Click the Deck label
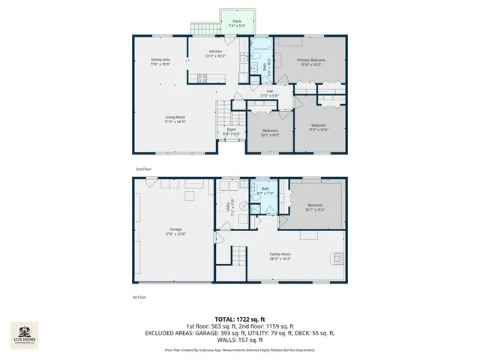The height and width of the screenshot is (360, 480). [236, 23]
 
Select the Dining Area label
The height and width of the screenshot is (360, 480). [160, 61]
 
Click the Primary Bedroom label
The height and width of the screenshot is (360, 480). [310, 61]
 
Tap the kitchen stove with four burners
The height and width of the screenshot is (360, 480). [202, 77]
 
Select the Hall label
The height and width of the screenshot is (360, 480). [269, 94]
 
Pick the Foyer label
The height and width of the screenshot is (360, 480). [232, 131]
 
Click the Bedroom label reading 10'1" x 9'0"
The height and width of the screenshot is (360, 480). [270, 133]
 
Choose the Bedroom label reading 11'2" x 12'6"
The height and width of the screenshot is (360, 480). [319, 127]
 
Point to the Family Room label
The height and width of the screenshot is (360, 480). [280, 256]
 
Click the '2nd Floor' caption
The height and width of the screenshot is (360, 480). [144, 169]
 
